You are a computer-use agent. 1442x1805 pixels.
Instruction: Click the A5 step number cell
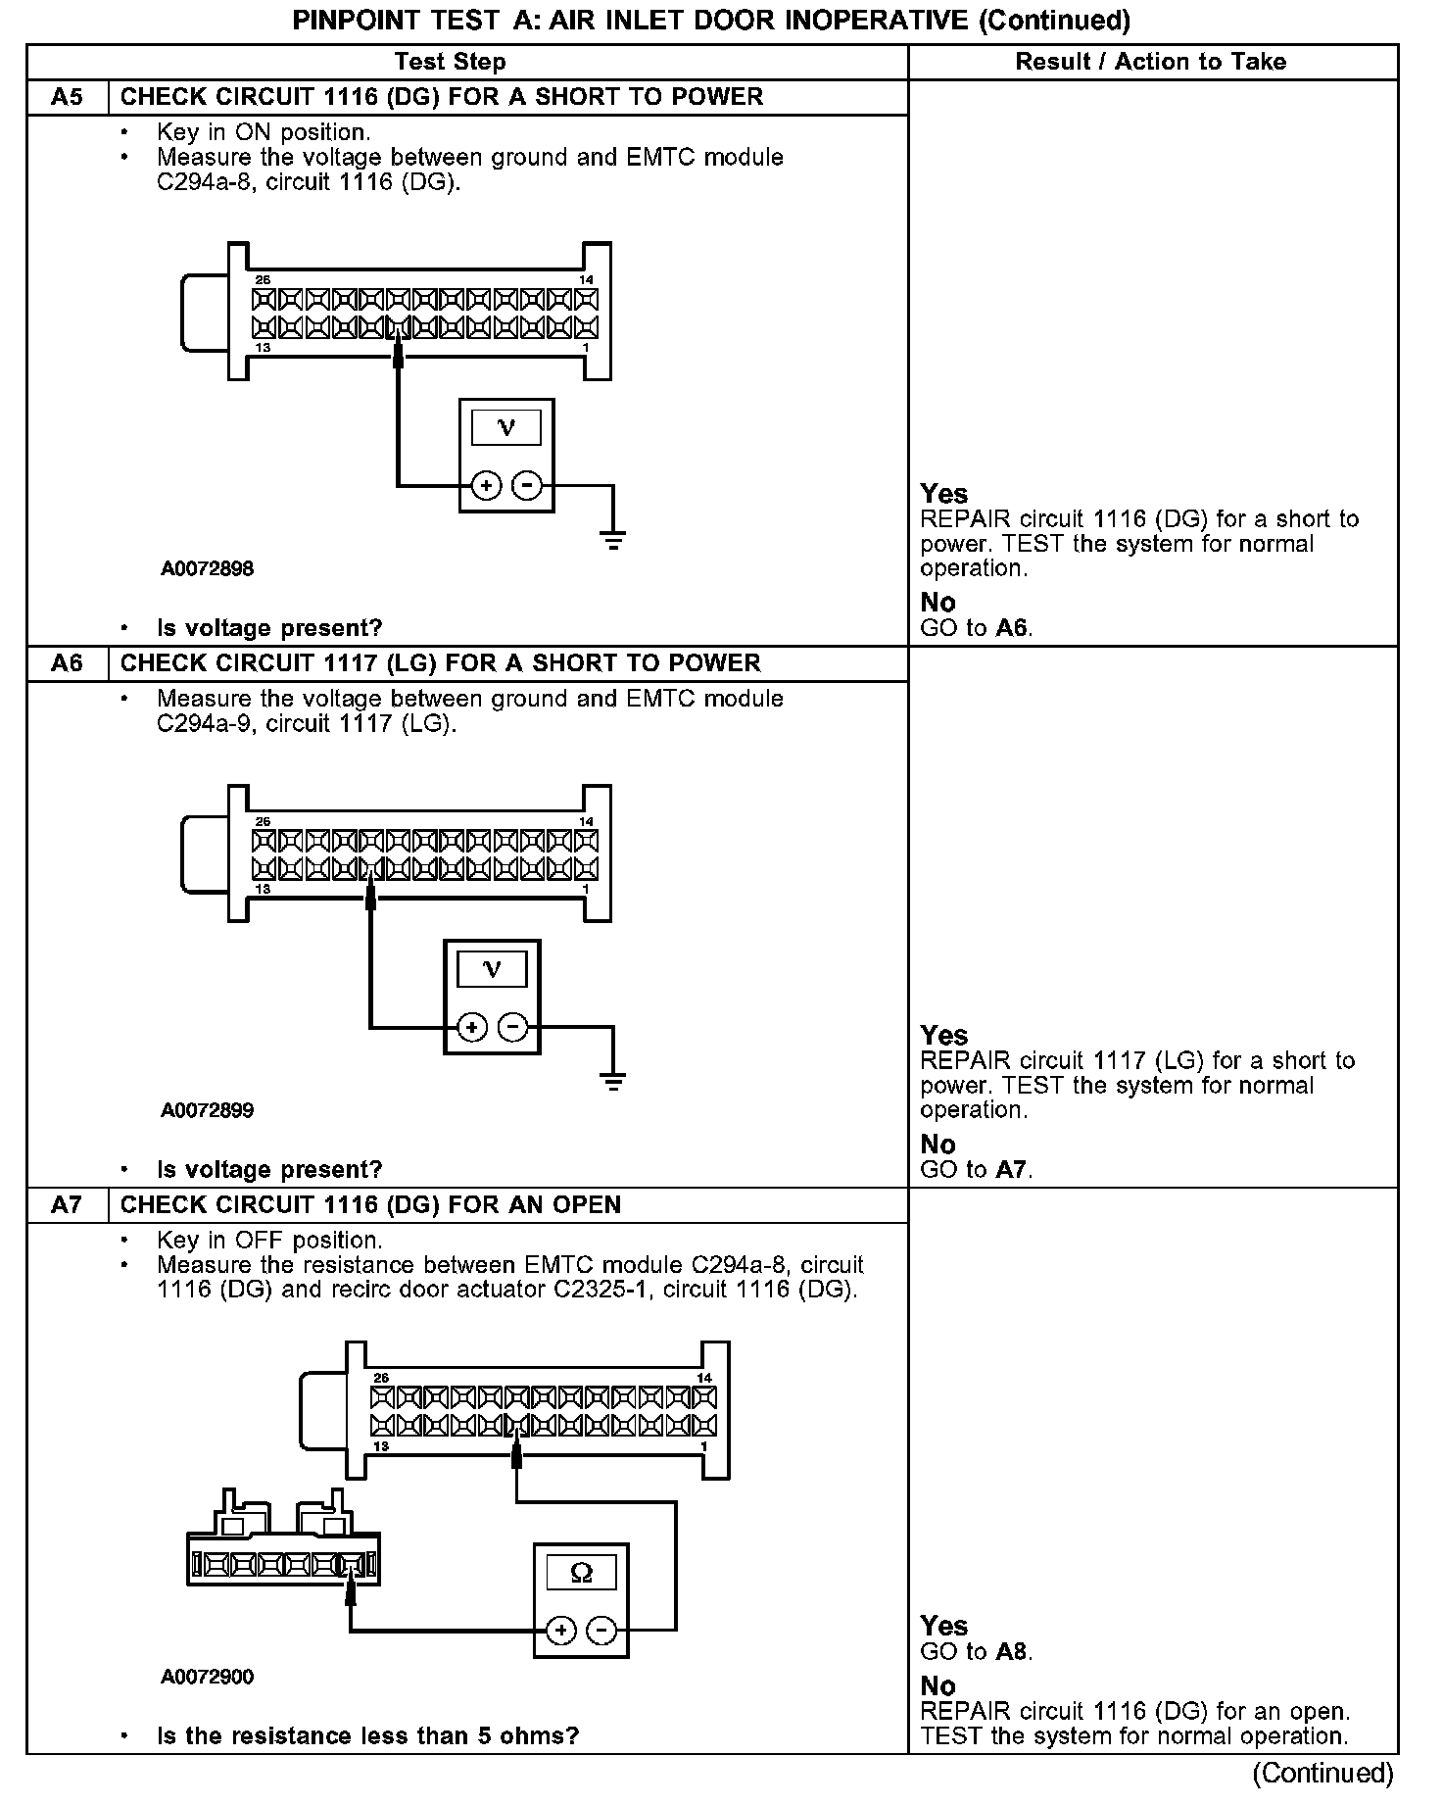(67, 97)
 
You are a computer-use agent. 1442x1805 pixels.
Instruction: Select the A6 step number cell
(67, 663)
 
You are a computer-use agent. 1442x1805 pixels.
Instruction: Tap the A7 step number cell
(67, 1204)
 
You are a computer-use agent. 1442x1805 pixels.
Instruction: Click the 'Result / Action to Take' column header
(1150, 62)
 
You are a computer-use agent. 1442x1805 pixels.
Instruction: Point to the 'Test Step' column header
(450, 62)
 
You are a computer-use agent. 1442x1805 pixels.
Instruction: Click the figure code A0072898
(208, 568)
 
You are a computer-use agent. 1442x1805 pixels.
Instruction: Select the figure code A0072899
(208, 1110)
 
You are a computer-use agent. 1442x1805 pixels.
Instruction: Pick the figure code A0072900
(208, 1677)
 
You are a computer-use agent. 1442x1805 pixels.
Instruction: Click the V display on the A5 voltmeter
(506, 427)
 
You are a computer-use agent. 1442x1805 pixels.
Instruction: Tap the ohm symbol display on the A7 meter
(581, 1574)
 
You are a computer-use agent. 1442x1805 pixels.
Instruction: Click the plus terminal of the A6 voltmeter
(472, 1027)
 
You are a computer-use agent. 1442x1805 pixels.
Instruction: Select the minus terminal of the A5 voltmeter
(527, 485)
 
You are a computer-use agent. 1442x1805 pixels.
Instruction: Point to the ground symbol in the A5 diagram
(613, 539)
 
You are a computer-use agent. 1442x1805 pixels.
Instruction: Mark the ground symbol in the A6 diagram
(613, 1081)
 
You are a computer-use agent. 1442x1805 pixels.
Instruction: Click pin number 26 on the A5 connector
(262, 280)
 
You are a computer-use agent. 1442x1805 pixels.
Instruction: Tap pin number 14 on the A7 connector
(704, 1378)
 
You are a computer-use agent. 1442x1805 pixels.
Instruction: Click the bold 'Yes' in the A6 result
(944, 1035)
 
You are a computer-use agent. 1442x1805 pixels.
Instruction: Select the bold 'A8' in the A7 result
(1013, 1651)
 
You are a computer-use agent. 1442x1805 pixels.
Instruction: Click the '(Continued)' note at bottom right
(1322, 1773)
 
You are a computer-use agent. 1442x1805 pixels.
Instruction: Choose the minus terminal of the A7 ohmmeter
(601, 1631)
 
